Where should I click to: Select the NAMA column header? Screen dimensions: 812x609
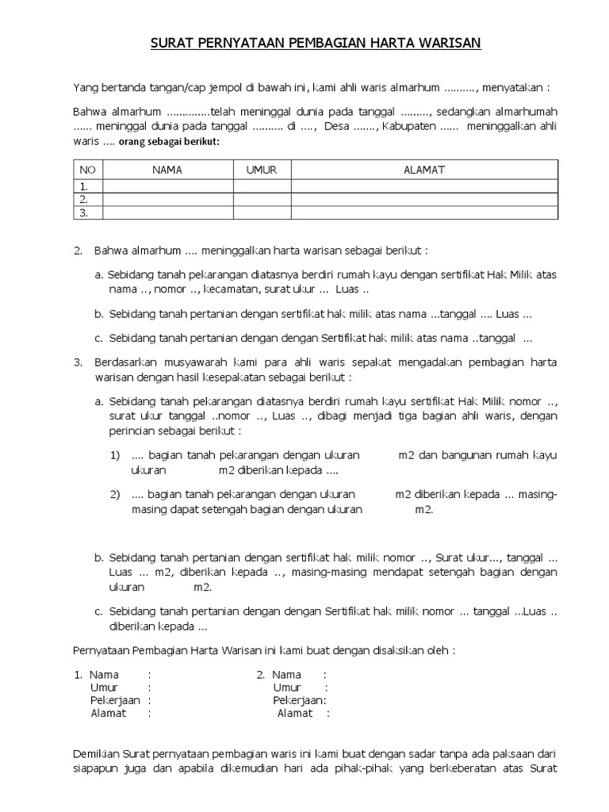[x=167, y=170]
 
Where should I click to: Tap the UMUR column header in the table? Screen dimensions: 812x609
[x=261, y=170]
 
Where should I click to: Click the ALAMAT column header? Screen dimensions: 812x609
[x=424, y=170]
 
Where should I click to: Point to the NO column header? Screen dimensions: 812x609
[x=87, y=170]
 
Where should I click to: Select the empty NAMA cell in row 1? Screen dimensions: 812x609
[x=167, y=186]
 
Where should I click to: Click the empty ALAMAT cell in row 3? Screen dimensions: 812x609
[x=424, y=213]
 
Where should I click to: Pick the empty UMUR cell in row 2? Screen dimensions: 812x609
[x=261, y=199]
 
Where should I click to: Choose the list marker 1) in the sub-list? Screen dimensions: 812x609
[x=115, y=455]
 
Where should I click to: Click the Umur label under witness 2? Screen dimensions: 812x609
[x=287, y=688]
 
